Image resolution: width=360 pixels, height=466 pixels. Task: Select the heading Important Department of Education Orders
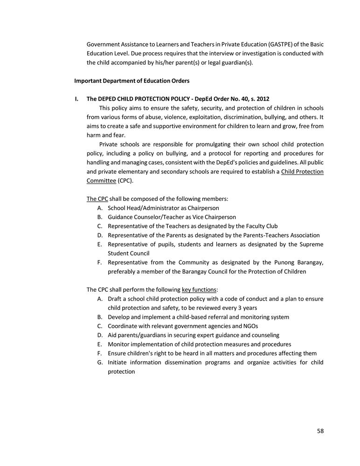pyautogui.click(x=132, y=81)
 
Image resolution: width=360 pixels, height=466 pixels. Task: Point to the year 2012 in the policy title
pyautogui.click(x=262, y=99)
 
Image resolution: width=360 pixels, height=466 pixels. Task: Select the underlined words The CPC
pyautogui.click(x=97, y=199)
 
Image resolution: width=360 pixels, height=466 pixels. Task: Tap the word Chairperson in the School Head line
pyautogui.click(x=201, y=208)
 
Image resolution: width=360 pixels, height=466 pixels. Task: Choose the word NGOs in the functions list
pyautogui.click(x=251, y=326)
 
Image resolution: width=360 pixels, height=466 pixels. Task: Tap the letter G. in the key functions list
pyautogui.click(x=100, y=362)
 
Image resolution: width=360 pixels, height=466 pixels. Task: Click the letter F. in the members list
pyautogui.click(x=100, y=262)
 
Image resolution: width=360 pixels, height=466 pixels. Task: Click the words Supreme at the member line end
pyautogui.click(x=311, y=244)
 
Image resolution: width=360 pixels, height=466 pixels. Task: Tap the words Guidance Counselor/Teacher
pyautogui.click(x=143, y=217)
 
